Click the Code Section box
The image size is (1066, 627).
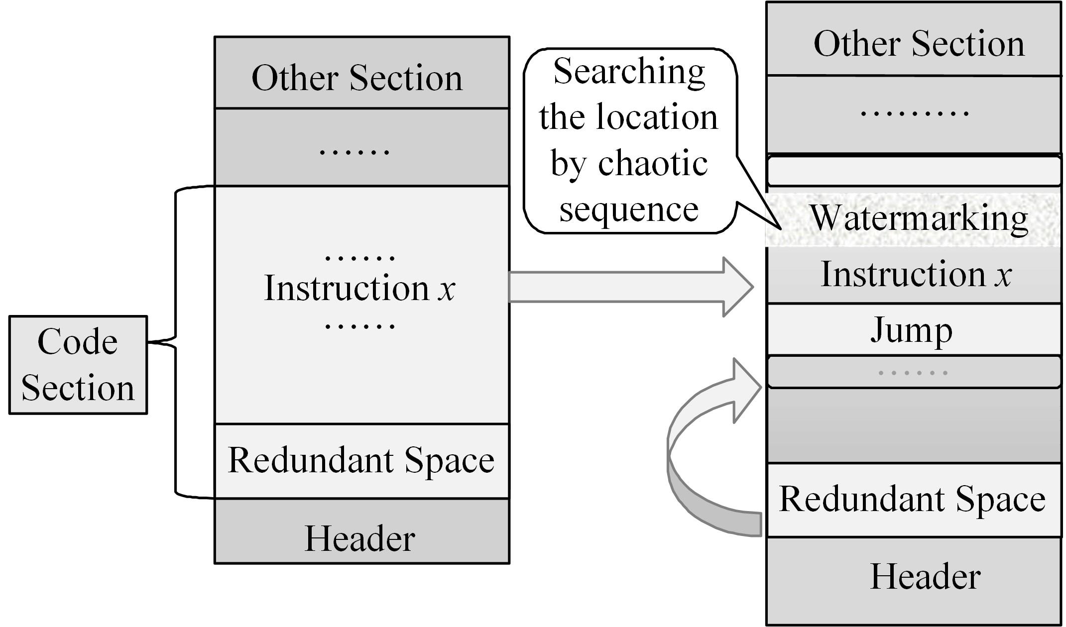[78, 365]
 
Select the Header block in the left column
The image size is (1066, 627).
[361, 531]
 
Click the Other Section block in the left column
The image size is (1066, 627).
[361, 73]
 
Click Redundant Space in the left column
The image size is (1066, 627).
[361, 461]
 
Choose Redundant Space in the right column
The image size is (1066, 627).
[914, 500]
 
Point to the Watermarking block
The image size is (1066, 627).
[914, 219]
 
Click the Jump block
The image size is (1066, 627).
[914, 330]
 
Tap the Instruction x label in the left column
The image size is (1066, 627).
[359, 289]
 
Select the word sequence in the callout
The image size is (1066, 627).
[629, 209]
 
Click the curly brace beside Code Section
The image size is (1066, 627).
[176, 341]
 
